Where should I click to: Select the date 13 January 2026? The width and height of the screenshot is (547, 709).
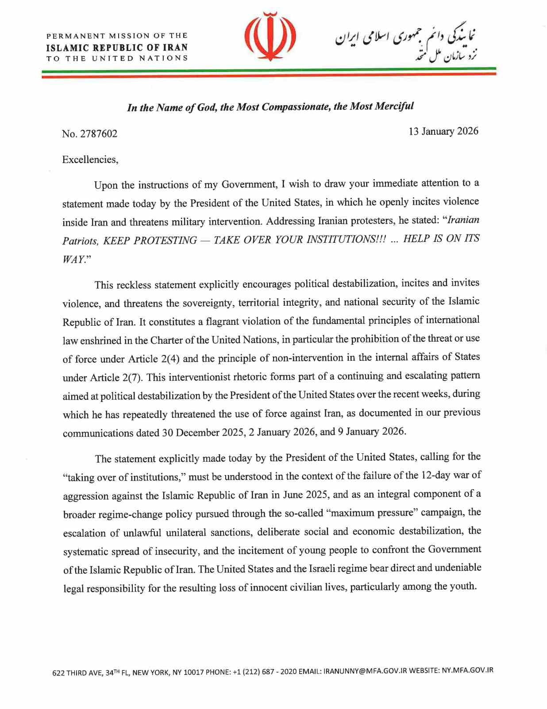point(443,131)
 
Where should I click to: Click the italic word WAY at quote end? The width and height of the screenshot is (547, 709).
point(72,259)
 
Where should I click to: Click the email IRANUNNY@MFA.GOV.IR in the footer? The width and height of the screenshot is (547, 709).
point(365,671)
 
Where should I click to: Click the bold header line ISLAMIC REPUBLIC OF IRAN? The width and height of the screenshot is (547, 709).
point(117,47)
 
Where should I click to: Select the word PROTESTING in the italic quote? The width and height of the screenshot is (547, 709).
point(165,241)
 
